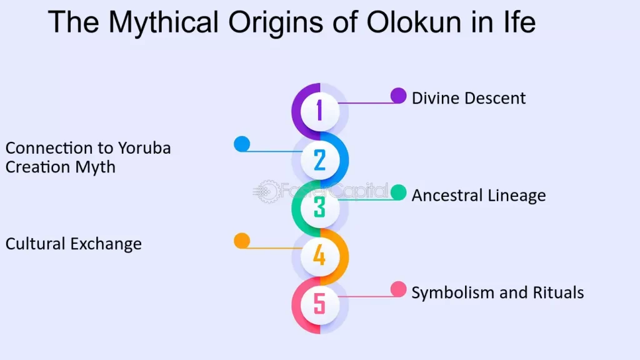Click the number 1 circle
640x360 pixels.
(319, 111)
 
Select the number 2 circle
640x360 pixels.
(319, 159)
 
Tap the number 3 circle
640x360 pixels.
(319, 207)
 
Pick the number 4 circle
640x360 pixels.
(319, 256)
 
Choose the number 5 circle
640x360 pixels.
(319, 304)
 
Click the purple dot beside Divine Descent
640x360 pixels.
(398, 95)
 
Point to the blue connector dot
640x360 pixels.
(241, 144)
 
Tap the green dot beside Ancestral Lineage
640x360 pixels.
(398, 192)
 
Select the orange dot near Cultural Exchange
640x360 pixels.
(241, 241)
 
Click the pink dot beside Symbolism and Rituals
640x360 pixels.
(398, 289)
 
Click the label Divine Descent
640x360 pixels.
(468, 98)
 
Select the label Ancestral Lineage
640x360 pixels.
(478, 196)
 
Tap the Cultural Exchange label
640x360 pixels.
(74, 244)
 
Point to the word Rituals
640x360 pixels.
(557, 292)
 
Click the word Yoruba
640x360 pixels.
(144, 148)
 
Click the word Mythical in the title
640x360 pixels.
(163, 22)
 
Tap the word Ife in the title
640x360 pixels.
(516, 22)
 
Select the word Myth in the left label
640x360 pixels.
(96, 167)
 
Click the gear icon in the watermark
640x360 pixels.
(267, 191)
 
